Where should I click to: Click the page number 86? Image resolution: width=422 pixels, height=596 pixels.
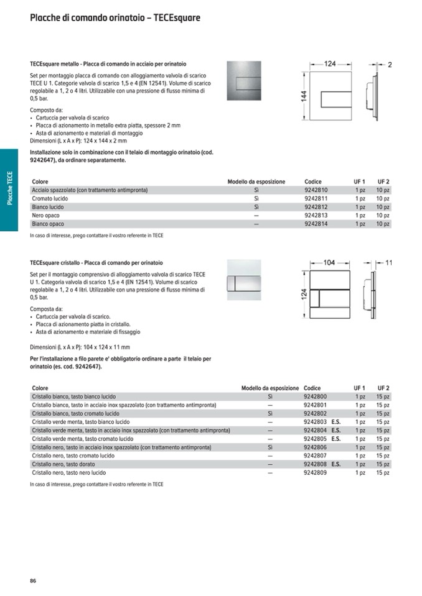(x=33, y=580)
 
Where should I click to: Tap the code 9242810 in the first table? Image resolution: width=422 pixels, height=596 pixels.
(x=316, y=190)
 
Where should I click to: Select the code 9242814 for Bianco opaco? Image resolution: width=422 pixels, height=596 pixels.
(x=316, y=224)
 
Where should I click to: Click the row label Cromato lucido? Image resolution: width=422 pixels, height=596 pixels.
(x=50, y=198)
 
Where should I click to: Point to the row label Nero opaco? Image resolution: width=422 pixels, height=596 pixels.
(x=46, y=215)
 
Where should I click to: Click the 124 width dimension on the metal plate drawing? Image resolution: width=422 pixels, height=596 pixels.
(x=330, y=64)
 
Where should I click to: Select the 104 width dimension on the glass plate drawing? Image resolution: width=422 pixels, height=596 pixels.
(x=329, y=263)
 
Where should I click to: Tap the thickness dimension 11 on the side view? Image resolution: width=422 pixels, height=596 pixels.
(x=388, y=263)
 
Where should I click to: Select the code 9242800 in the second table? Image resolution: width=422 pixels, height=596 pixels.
(x=315, y=397)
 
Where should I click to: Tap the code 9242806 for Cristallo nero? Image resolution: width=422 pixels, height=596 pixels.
(x=315, y=447)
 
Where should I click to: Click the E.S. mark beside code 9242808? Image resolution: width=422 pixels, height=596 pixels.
(x=336, y=464)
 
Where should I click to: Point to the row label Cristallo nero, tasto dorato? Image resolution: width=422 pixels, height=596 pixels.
(x=68, y=464)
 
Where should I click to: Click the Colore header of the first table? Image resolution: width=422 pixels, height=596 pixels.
(x=40, y=181)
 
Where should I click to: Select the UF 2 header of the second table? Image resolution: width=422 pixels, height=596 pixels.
(x=383, y=388)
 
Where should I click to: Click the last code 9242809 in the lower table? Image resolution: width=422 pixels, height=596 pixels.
(x=315, y=472)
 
